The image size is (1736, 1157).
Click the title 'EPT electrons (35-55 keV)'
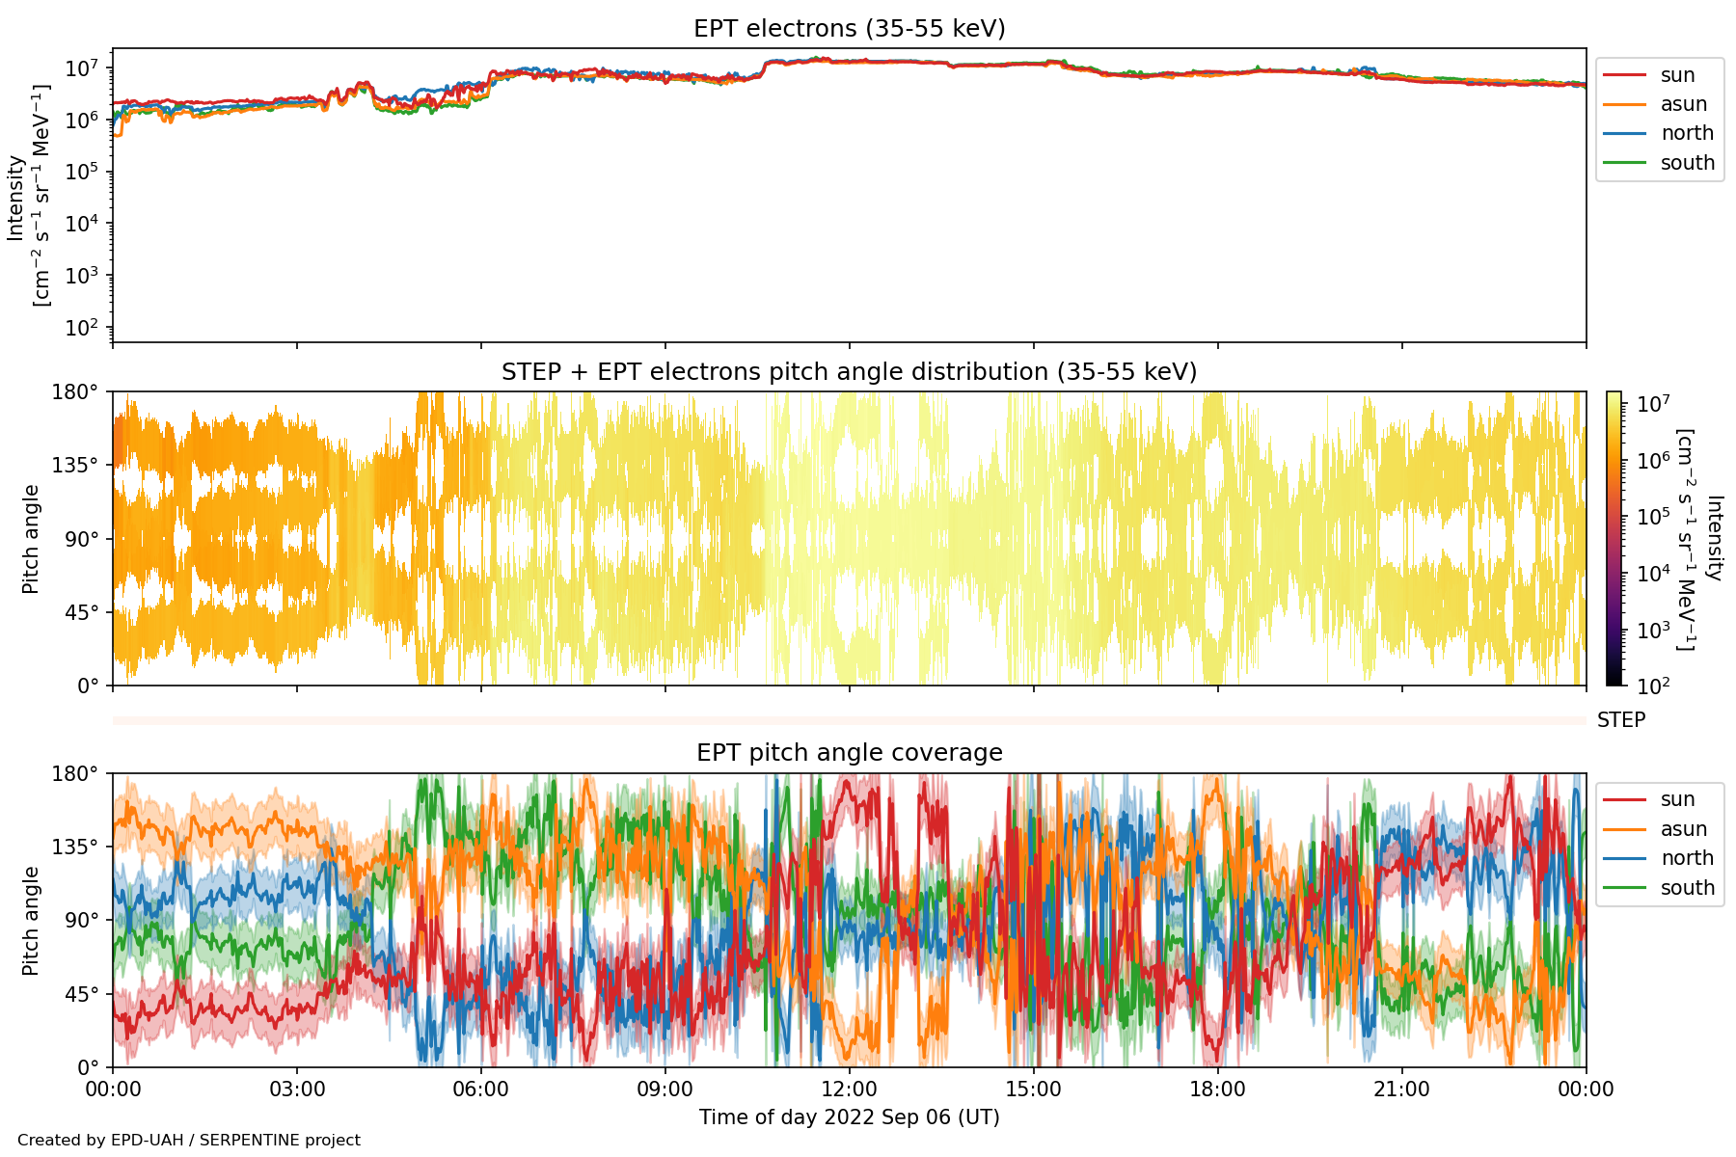coord(849,29)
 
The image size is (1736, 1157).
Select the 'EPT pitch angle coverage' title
coord(849,753)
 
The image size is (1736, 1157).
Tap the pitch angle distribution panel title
coord(849,372)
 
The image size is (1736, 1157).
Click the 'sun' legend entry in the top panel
coord(1677,75)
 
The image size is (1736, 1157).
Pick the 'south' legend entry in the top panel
coord(1687,163)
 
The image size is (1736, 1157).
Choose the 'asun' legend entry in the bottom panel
coord(1683,829)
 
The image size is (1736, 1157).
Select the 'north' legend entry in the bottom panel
coord(1687,858)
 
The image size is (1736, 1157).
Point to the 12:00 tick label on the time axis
coord(849,1090)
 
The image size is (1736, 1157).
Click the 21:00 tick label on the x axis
coord(1401,1090)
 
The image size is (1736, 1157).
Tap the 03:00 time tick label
coord(297,1090)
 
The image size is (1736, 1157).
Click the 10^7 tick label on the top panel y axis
coord(81,69)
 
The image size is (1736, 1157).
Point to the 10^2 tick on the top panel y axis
coord(81,328)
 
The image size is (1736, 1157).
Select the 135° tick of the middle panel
coord(81,466)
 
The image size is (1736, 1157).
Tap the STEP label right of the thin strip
coord(1621,720)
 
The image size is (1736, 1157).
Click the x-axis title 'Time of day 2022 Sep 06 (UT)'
coord(849,1117)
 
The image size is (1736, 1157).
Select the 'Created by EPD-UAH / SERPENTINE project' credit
coord(189,1141)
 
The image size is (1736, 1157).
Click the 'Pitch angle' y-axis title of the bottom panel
coord(31,921)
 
